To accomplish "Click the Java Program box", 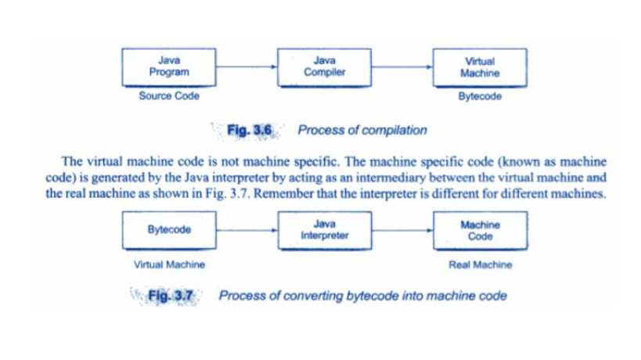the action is click(x=169, y=67).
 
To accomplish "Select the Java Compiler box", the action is click(x=324, y=67).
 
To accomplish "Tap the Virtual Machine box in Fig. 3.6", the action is click(x=480, y=68).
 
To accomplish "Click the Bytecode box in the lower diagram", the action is click(x=169, y=230).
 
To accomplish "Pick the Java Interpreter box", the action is click(x=325, y=230).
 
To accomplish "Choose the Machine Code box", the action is click(x=481, y=230).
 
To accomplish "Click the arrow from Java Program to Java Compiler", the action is click(x=247, y=67).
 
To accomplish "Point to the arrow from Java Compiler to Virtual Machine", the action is click(x=402, y=67).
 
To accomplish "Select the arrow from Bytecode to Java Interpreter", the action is click(x=247, y=230).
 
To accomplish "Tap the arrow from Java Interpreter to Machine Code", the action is click(x=402, y=230).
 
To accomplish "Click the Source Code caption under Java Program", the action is click(x=169, y=96).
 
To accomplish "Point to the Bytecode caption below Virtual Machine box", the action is click(x=480, y=96).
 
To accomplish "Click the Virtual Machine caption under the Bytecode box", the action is click(x=169, y=265).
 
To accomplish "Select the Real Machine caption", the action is click(x=481, y=265).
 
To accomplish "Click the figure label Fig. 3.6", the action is click(x=249, y=131).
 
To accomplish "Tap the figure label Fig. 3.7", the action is click(x=170, y=296).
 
